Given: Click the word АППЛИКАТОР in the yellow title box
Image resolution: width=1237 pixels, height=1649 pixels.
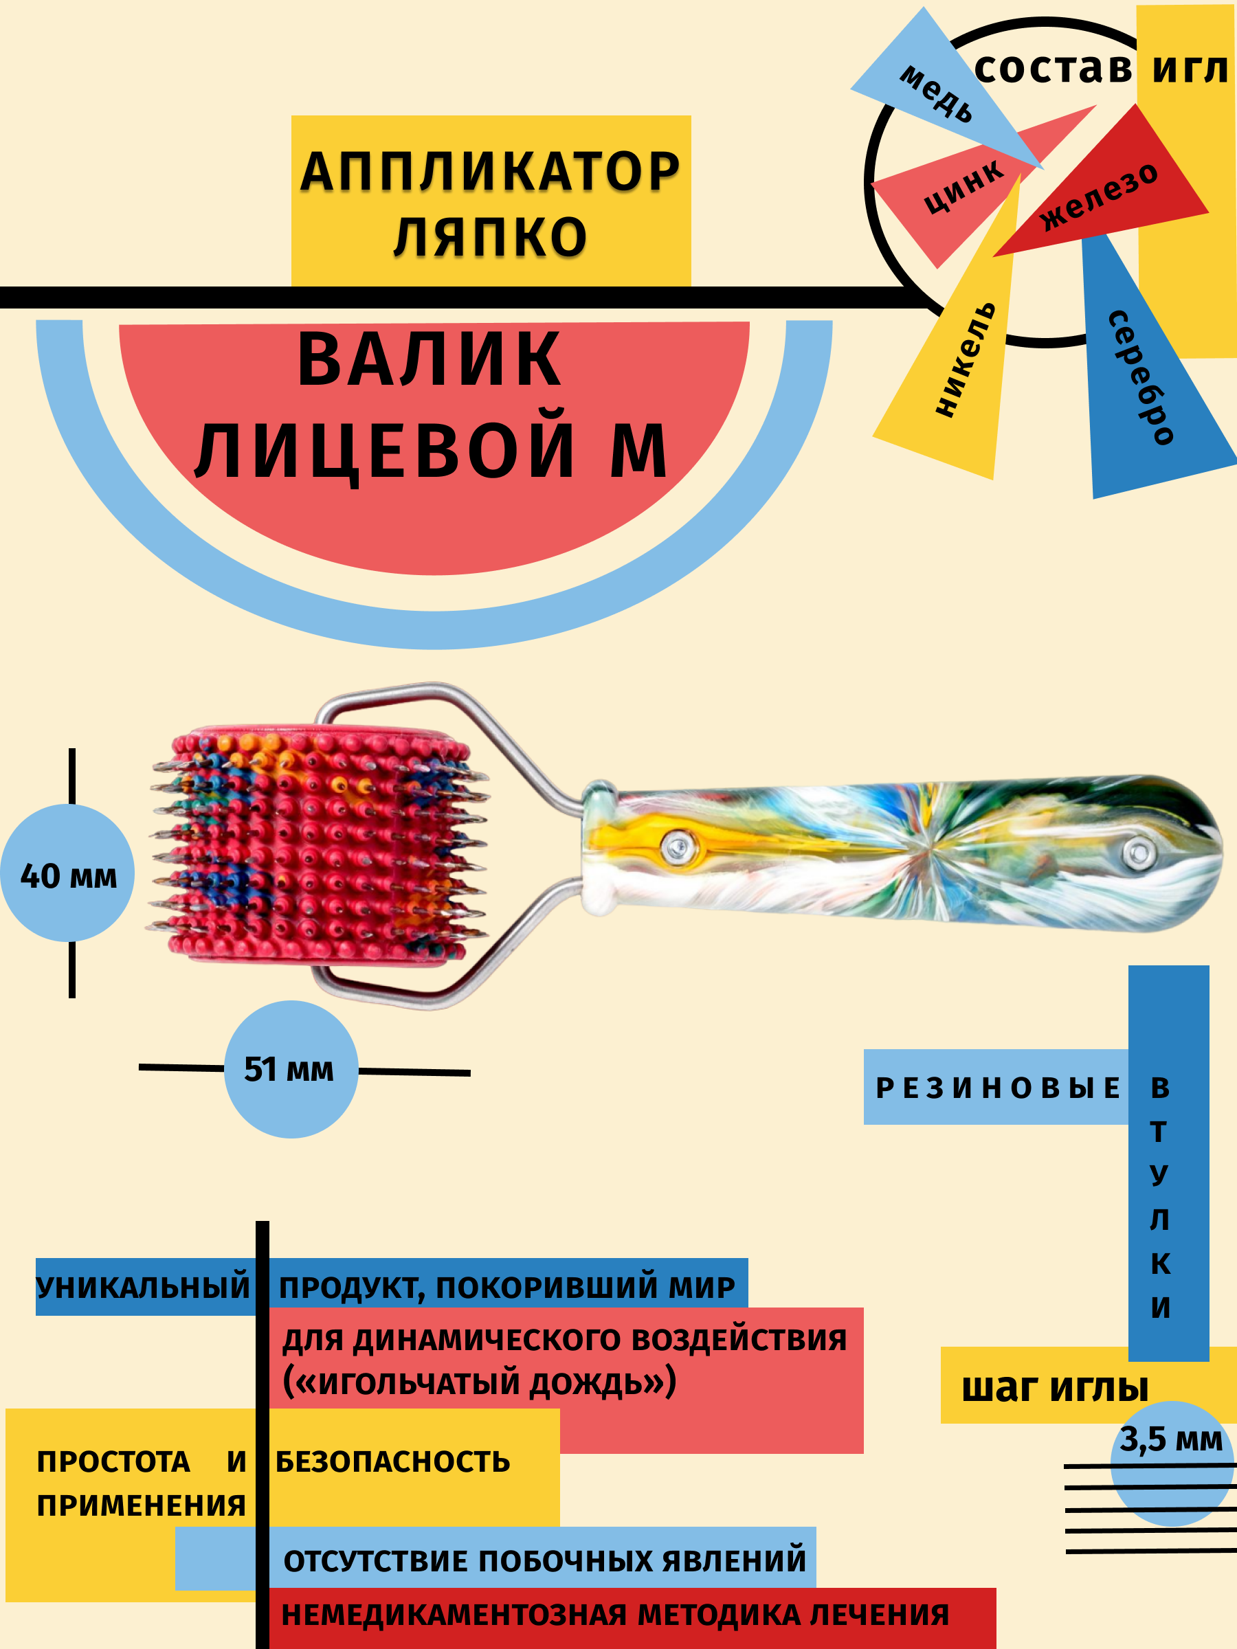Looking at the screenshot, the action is (490, 172).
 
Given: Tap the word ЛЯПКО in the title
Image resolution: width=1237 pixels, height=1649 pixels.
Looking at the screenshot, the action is (490, 237).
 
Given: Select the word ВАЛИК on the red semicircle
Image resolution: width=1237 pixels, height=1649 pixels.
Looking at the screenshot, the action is (429, 361).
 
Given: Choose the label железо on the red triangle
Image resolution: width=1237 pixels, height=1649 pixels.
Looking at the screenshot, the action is (1098, 196).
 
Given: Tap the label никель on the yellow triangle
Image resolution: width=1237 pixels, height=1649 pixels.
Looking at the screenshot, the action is (965, 359).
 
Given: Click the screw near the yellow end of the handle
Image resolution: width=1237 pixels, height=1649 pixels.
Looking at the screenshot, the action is (678, 847).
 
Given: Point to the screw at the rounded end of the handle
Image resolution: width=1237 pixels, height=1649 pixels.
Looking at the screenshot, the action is (1138, 851).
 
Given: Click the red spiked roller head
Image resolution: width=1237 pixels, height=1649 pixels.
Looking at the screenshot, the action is (317, 846).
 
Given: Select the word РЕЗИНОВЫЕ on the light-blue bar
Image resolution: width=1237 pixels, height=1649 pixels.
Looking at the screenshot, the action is (997, 1088).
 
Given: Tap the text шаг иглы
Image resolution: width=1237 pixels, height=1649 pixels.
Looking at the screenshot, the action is (1054, 1388).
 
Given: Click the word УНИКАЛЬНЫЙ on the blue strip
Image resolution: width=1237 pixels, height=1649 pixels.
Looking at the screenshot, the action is (143, 1288).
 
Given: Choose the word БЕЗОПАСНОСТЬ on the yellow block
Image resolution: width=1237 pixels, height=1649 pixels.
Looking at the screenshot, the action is (393, 1462).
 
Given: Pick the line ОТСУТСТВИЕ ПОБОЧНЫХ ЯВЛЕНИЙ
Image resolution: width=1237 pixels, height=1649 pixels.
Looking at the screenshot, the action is (544, 1560).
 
